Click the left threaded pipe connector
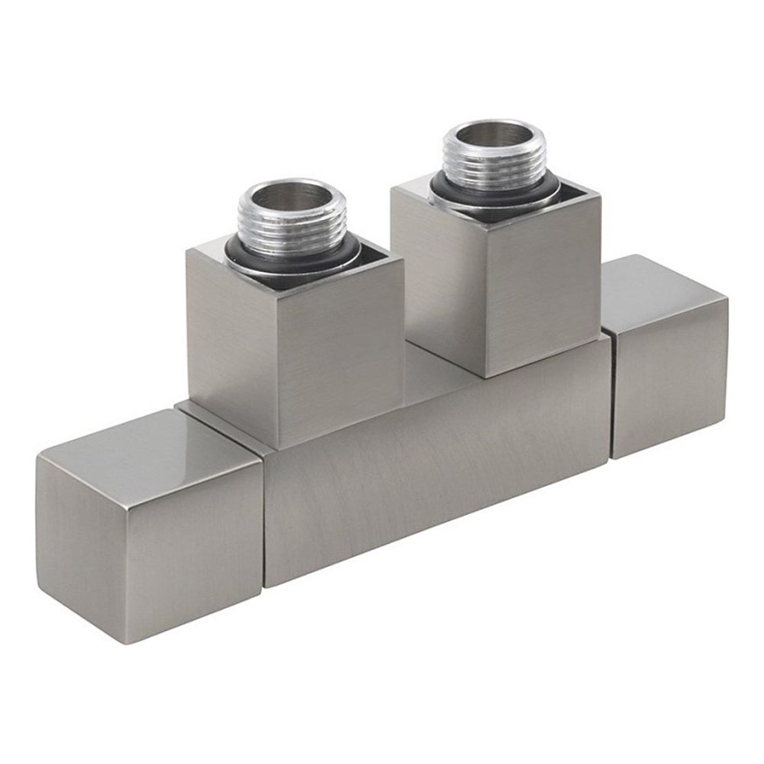coord(291,220)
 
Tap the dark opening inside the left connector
coord(290,198)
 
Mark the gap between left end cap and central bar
coord(263,519)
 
